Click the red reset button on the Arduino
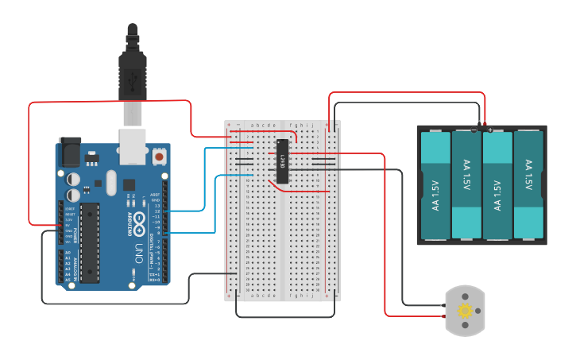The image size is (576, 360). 160,157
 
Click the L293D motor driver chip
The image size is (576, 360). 281,160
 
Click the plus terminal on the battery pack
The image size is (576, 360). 490,130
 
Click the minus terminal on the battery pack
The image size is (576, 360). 474,130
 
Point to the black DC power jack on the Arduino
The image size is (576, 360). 70,150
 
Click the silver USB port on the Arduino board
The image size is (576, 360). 133,146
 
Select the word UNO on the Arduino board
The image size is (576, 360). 138,253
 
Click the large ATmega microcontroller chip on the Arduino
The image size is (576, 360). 89,242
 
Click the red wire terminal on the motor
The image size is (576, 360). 446,312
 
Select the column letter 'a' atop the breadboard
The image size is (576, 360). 253,126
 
